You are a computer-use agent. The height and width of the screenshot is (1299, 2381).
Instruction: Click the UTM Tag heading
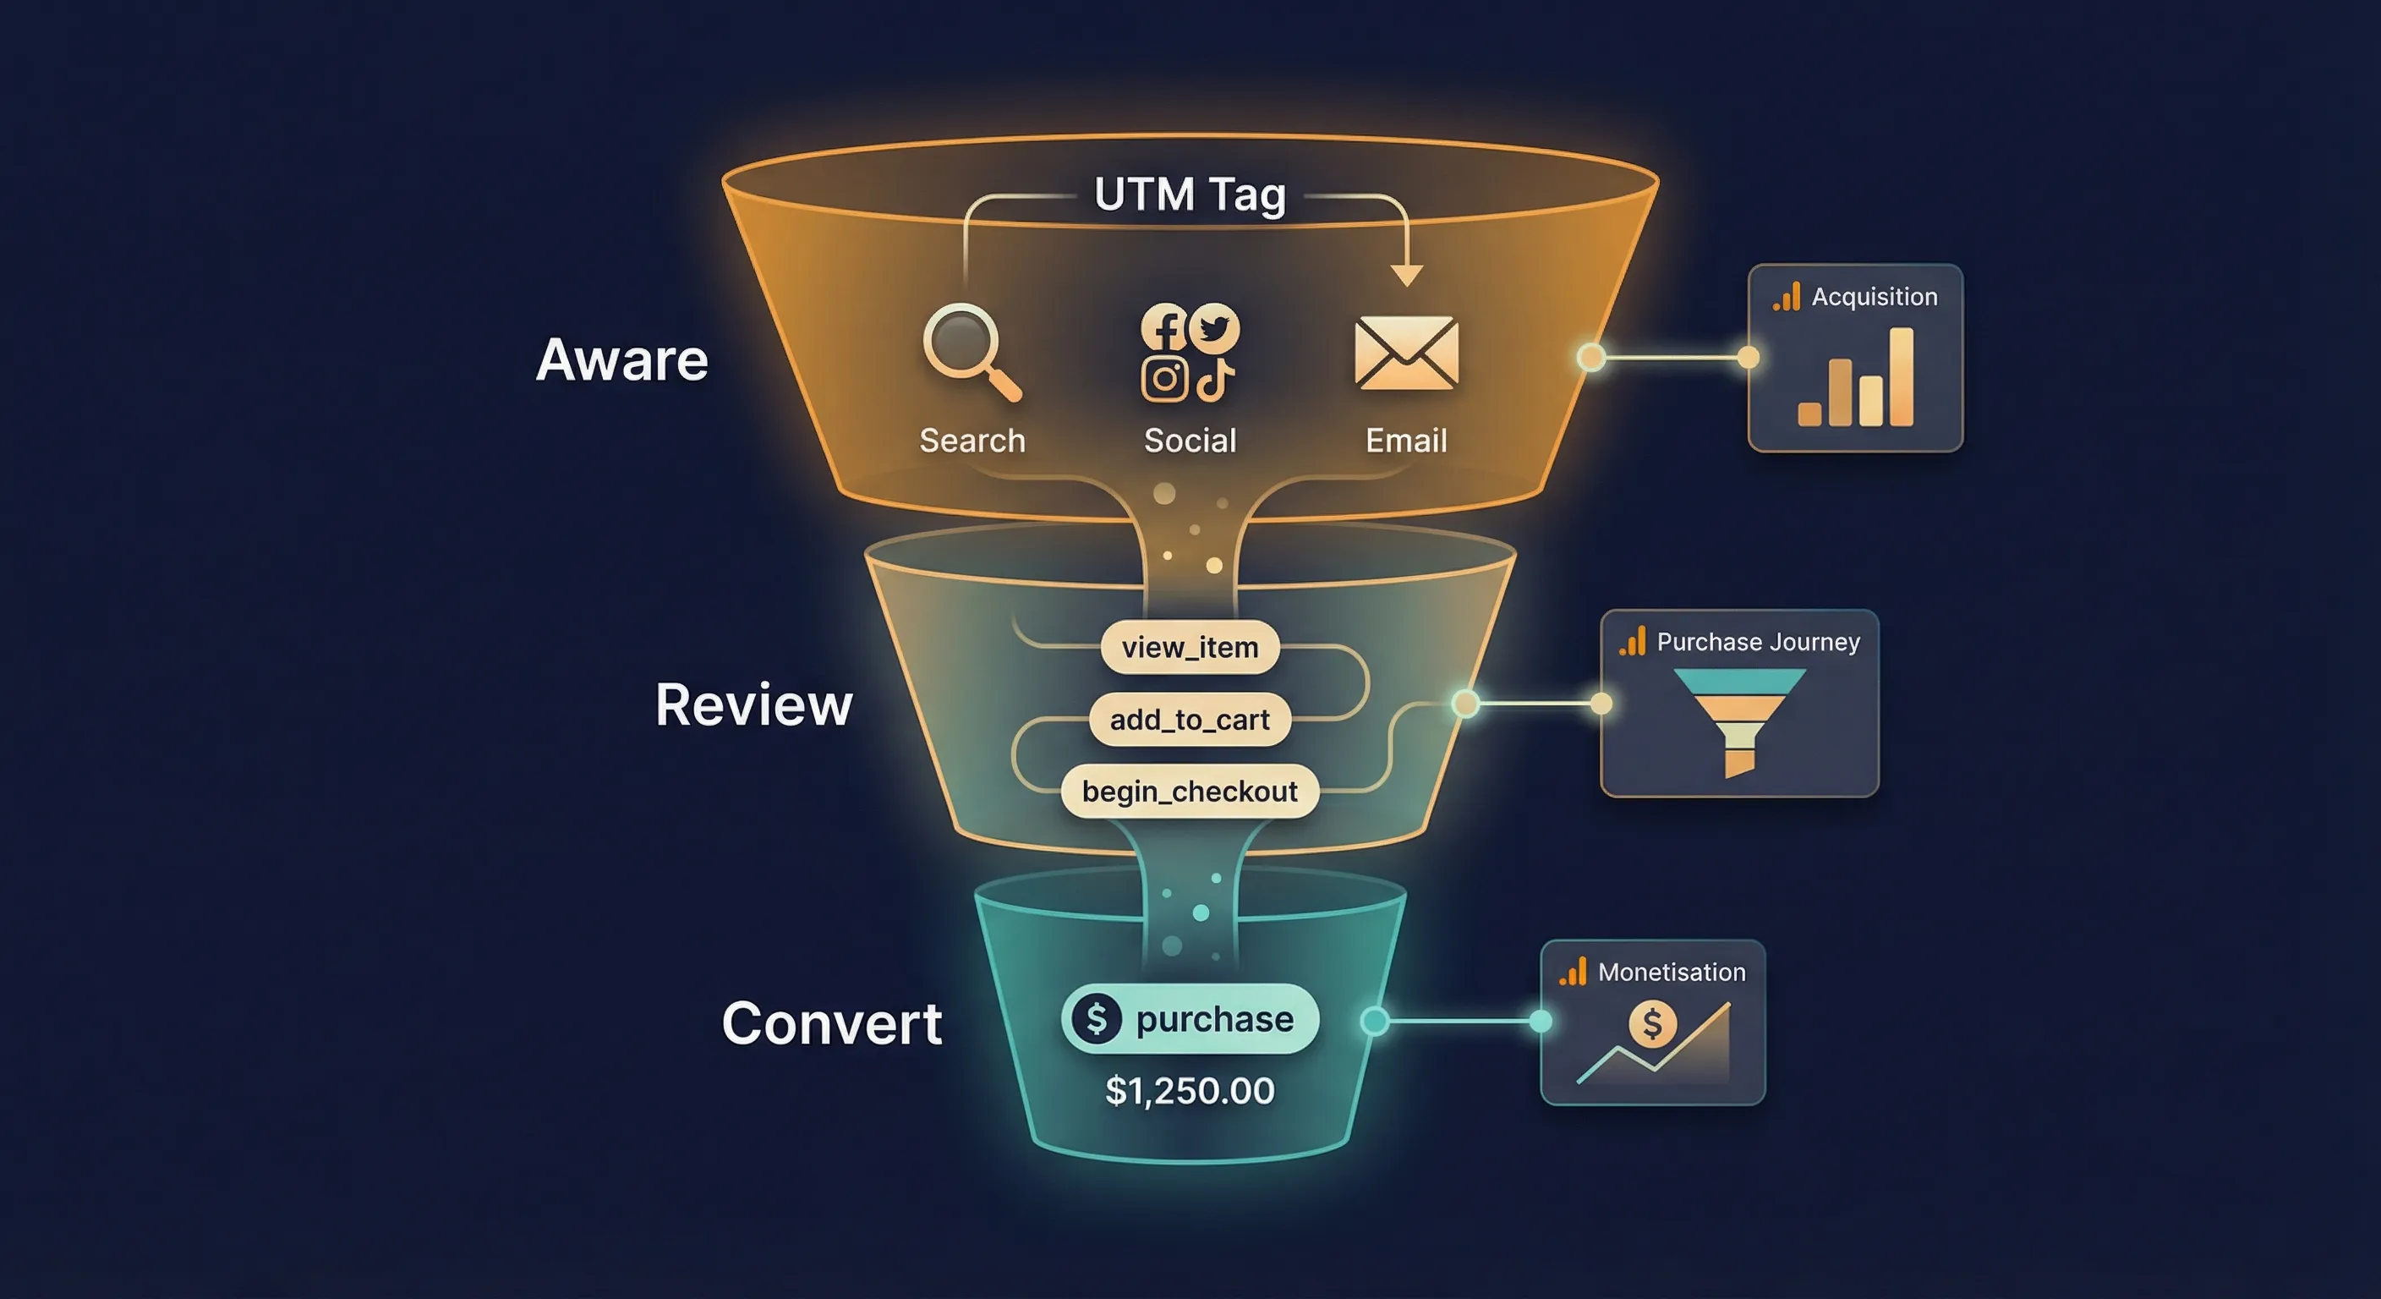pyautogui.click(x=1190, y=195)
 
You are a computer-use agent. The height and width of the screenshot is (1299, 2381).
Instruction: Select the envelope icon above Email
pyautogui.click(x=1406, y=353)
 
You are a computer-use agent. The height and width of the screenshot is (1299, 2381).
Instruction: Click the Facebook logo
pyautogui.click(x=1163, y=327)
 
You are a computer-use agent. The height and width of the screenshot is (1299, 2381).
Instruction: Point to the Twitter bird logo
pyautogui.click(x=1213, y=327)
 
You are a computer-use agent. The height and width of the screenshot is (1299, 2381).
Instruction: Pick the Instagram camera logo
pyautogui.click(x=1163, y=378)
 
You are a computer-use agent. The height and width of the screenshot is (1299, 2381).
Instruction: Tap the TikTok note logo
pyautogui.click(x=1214, y=379)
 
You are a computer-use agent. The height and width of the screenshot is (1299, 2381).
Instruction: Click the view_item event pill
pyautogui.click(x=1190, y=647)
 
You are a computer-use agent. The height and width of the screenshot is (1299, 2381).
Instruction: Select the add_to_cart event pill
pyautogui.click(x=1190, y=720)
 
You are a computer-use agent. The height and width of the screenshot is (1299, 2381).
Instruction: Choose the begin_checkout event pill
pyautogui.click(x=1190, y=792)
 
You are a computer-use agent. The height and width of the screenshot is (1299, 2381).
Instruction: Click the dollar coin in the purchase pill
pyautogui.click(x=1096, y=1019)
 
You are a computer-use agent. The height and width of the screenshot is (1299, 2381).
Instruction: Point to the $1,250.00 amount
pyautogui.click(x=1190, y=1091)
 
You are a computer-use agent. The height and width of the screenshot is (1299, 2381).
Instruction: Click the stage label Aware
pyautogui.click(x=622, y=359)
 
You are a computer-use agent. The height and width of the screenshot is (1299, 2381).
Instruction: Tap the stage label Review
pyautogui.click(x=753, y=704)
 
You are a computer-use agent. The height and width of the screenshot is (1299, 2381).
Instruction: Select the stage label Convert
pyautogui.click(x=831, y=1023)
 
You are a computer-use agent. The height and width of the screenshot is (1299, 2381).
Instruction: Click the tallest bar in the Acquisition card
pyautogui.click(x=1901, y=376)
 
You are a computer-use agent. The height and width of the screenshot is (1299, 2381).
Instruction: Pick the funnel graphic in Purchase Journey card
pyautogui.click(x=1738, y=720)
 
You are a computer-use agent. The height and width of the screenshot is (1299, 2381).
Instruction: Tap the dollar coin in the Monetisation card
pyautogui.click(x=1651, y=1024)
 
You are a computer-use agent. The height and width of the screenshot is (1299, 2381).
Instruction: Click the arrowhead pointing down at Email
pyautogui.click(x=1407, y=275)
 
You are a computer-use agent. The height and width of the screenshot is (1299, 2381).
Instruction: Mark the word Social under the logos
pyautogui.click(x=1190, y=440)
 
